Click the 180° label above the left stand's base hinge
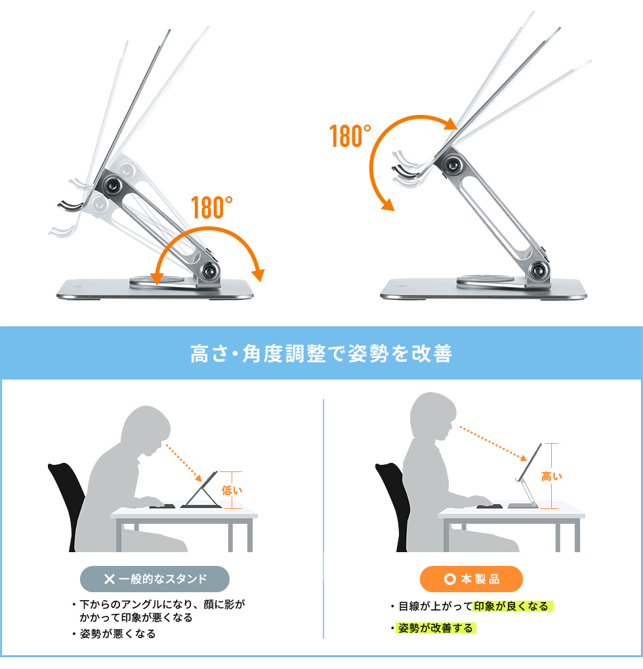[213, 207]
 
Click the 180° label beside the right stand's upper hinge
[350, 137]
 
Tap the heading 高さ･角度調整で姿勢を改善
[321, 354]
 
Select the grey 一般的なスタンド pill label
[155, 579]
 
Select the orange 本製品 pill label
[471, 579]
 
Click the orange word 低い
[232, 489]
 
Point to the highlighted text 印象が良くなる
[510, 606]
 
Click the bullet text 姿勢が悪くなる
[117, 634]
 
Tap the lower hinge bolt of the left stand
[211, 270]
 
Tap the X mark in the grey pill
[110, 579]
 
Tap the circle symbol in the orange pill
[449, 579]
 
